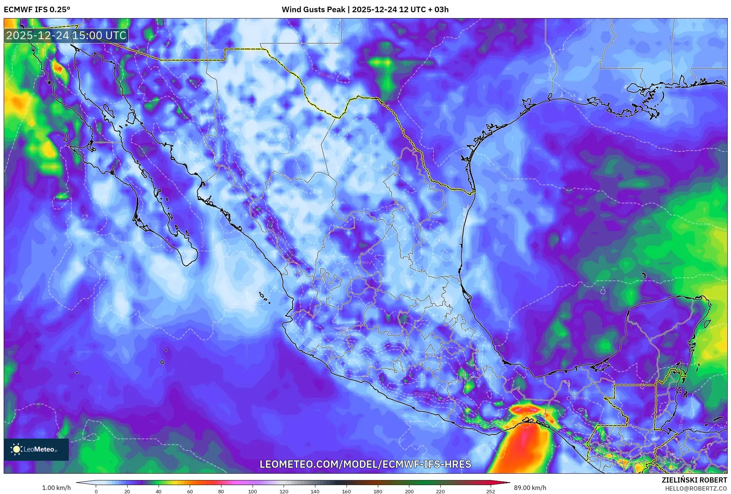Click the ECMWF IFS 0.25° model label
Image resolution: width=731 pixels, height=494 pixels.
pos(37,10)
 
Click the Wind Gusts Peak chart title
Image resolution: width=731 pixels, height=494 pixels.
pos(365,10)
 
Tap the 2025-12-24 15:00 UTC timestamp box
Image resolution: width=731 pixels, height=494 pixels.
pos(66,35)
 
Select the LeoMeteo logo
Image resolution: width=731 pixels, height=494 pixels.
pos(36,449)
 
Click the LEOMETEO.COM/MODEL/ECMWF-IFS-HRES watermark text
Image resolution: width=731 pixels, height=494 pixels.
pos(365,464)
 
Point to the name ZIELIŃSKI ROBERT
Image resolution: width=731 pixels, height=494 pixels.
pos(694,480)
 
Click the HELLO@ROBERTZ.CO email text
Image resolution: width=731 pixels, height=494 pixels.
pos(696,488)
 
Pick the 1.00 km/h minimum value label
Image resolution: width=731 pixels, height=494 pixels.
pos(56,488)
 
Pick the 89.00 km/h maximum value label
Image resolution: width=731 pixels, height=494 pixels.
pos(530,488)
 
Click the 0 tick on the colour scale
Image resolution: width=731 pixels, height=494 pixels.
pos(96,491)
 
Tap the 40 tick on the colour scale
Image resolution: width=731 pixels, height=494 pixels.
pos(159,491)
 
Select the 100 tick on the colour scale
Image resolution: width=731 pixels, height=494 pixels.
pos(253,491)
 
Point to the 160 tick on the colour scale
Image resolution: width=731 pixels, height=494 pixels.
pos(346,491)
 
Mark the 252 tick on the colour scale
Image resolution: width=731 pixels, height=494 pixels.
pos(490,491)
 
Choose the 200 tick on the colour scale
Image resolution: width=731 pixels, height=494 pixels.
pos(409,491)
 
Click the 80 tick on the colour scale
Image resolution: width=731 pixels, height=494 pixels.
pos(221,491)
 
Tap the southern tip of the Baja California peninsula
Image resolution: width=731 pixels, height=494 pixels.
pos(187,265)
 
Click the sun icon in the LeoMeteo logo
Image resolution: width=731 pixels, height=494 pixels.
pos(16,449)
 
